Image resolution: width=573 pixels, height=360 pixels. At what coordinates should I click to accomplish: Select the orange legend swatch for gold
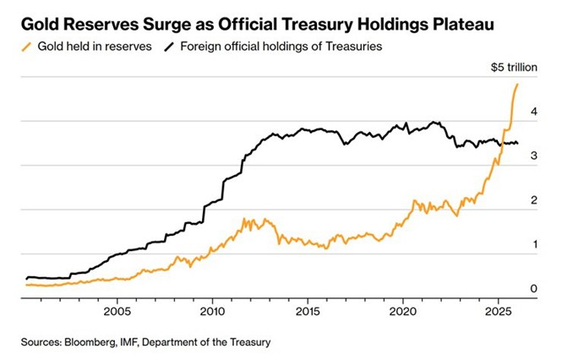(28, 46)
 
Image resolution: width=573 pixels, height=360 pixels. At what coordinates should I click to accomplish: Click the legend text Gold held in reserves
(95, 46)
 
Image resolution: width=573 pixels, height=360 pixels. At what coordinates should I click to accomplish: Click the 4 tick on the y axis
(534, 112)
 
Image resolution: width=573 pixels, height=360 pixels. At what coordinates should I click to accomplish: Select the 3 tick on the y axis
(534, 156)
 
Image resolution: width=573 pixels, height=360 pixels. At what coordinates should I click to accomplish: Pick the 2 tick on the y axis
(534, 200)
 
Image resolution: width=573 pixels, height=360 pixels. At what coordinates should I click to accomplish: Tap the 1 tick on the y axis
(534, 244)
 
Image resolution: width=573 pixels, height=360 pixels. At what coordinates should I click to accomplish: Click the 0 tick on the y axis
(534, 289)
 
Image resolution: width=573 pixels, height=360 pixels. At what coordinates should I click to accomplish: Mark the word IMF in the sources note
(135, 342)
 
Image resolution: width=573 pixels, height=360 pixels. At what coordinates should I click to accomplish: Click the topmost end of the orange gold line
(517, 85)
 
